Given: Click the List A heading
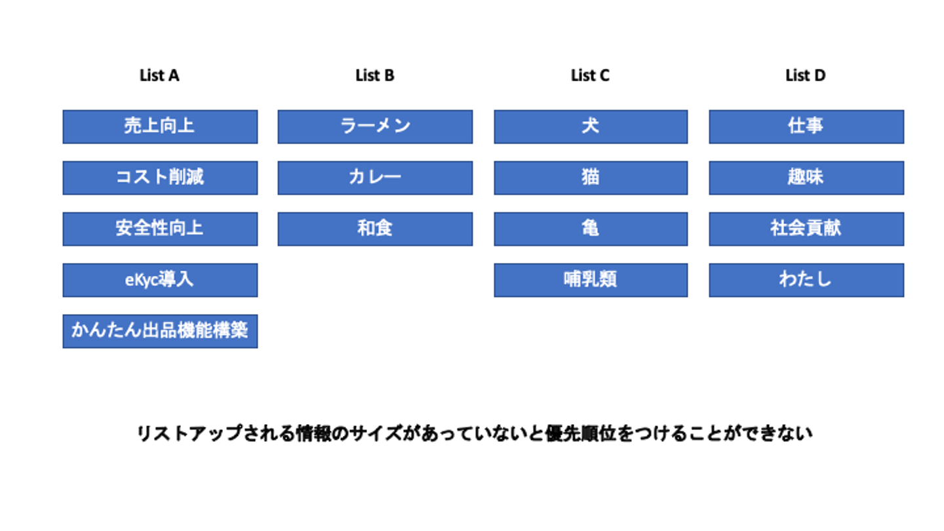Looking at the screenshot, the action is pos(159,75).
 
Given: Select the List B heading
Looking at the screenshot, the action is pos(375,75).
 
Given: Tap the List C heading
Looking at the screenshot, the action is pos(590,75).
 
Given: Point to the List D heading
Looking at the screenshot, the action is pos(805,75).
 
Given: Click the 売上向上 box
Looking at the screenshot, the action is pos(160,127).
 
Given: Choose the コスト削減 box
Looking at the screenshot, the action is pos(160,178).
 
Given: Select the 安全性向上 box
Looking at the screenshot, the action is pos(160,229).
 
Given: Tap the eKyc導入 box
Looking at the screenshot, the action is pos(160,281).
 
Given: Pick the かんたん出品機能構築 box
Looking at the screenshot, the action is pos(160,331).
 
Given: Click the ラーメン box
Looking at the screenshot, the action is pos(375,127).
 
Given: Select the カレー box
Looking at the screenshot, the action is pos(375,178).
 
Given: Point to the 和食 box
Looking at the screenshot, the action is pos(375,229).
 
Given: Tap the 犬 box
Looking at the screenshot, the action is pos(591,127).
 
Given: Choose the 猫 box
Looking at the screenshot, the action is pos(591,178).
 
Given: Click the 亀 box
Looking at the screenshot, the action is pos(591,229).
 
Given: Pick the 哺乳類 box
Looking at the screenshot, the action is pos(591,281).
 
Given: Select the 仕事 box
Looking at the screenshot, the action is pos(806,127).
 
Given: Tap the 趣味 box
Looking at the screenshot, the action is pos(806,178).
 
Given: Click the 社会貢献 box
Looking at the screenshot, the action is pos(806,229).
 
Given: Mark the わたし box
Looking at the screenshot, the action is pos(806,281).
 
